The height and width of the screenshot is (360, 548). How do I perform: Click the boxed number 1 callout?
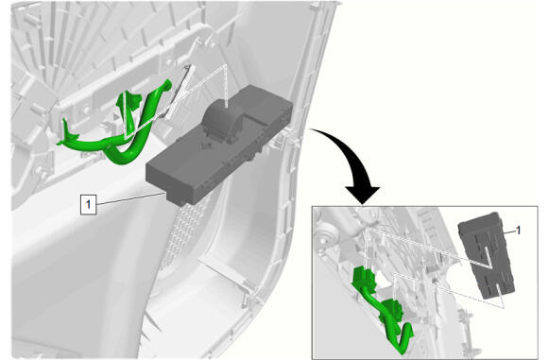coord(88,204)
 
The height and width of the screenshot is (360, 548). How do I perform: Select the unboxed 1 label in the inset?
coord(519,230)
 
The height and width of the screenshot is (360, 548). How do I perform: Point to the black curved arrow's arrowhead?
coord(363,195)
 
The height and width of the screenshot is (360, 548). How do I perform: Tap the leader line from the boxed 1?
coord(130,198)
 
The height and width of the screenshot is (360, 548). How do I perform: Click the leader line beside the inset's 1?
coord(510,231)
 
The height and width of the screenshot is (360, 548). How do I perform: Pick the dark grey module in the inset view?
coord(487,256)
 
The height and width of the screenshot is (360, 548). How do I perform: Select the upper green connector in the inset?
coord(366,277)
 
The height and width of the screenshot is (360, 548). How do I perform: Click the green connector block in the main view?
coord(128,101)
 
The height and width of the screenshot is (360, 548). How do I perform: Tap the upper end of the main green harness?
coord(167,83)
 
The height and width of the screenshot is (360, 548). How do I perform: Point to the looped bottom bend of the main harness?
coord(122,157)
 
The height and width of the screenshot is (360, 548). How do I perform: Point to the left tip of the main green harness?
coord(60,143)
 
